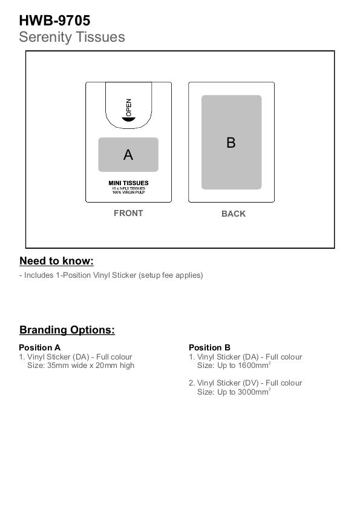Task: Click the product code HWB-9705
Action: pos(54,21)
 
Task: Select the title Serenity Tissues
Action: pos(72,37)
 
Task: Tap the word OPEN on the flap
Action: pos(128,108)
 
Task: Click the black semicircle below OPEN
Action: pos(128,119)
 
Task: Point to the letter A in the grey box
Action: pos(128,155)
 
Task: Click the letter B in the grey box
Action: pos(231,142)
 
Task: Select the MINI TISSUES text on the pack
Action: pos(128,183)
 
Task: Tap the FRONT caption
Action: pos(128,213)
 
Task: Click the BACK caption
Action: pos(234,214)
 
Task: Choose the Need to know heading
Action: pos(56,261)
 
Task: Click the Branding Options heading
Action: pos(67,330)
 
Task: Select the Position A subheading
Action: pos(39,347)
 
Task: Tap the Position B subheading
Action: pos(209,347)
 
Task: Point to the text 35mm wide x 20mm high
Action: pos(91,366)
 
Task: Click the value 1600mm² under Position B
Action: pos(254,365)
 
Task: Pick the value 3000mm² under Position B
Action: pos(254,392)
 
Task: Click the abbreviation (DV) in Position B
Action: pos(250,383)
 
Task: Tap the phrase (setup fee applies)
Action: pos(171,275)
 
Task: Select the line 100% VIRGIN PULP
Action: pos(128,192)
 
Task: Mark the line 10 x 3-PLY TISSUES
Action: pos(128,188)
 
